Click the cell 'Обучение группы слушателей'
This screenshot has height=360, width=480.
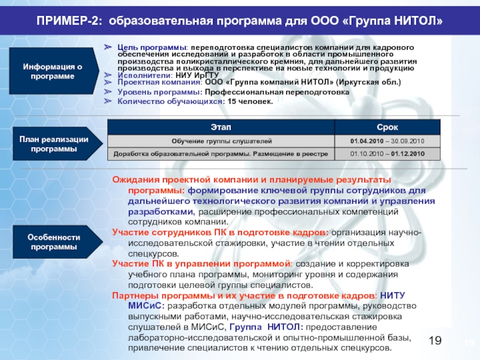pos(220,140)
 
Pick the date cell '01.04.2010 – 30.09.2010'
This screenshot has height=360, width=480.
pos(387,140)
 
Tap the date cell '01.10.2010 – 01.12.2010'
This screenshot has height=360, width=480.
pos(387,154)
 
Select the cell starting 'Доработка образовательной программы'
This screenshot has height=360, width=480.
pos(220,154)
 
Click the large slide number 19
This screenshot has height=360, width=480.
pos(435,342)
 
